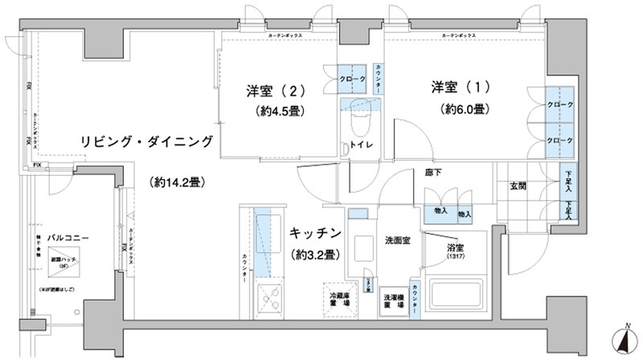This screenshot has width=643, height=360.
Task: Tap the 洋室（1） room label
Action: [459, 86]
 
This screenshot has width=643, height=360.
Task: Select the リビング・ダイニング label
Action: [146, 141]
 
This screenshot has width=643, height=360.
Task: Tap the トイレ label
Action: [357, 145]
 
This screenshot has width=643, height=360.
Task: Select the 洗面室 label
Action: [398, 240]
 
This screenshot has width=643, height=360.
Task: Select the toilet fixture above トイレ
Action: [358, 121]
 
